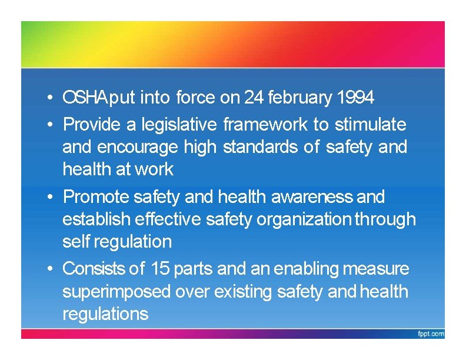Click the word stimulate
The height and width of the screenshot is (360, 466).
point(370,125)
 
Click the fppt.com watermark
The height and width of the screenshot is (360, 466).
point(431,334)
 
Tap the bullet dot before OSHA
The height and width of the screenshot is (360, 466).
point(52,98)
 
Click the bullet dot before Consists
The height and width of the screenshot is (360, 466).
point(52,269)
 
